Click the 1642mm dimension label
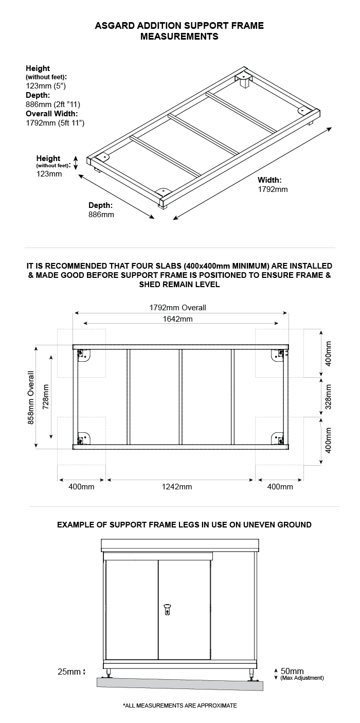coord(178,319)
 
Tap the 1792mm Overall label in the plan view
coord(178,308)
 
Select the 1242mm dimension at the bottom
coord(178,487)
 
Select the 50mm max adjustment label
coord(292,671)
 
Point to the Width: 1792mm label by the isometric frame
coord(273,185)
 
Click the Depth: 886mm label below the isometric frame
coord(101,209)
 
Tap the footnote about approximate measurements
coord(180,705)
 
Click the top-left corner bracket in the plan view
coord(83,355)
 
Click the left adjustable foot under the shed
coord(109,673)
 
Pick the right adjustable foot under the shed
coord(251,674)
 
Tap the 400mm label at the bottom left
coord(81,487)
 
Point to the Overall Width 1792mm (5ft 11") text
coord(55,118)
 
